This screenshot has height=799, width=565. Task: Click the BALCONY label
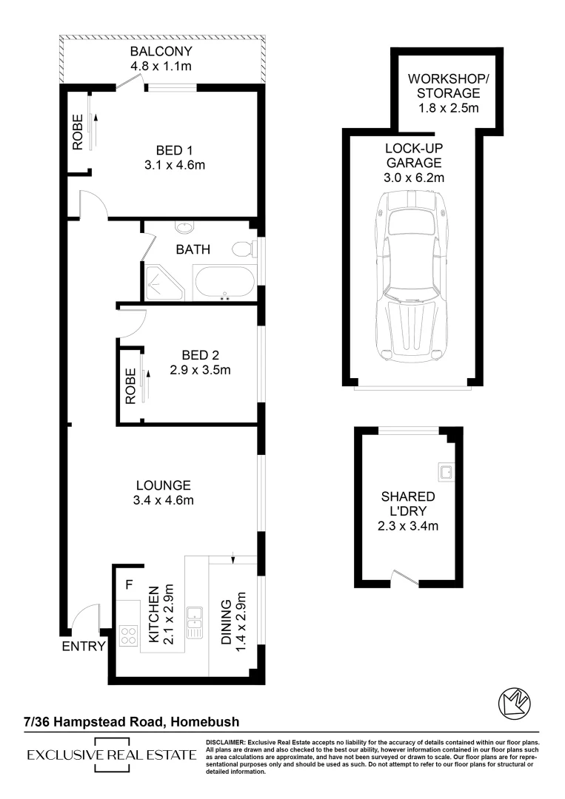point(161,52)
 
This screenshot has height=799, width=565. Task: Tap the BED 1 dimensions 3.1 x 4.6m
point(175,165)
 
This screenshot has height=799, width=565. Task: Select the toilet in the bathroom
point(242,249)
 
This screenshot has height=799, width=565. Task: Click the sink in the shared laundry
point(447,469)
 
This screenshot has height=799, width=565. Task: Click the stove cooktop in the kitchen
point(128,635)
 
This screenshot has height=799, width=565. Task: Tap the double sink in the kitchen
point(195,622)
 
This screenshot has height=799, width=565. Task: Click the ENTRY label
point(83,647)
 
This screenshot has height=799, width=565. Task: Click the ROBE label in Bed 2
point(130,386)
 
